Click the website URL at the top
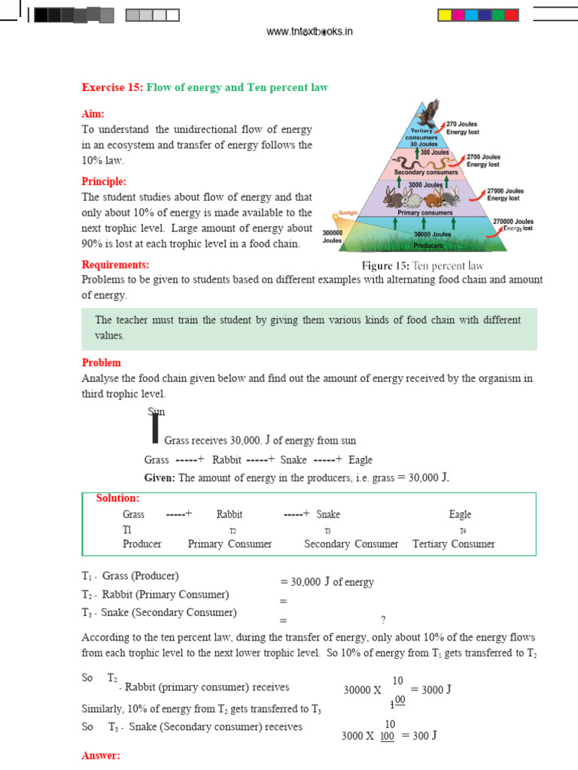(x=310, y=31)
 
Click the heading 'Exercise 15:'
(x=112, y=88)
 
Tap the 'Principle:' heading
(x=104, y=181)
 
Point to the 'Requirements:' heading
(x=115, y=265)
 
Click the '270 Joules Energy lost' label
(x=461, y=127)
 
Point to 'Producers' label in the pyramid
(x=427, y=245)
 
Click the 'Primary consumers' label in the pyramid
(x=425, y=213)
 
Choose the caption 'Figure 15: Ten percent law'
(x=422, y=265)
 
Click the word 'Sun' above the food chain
(x=156, y=411)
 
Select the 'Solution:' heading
(x=117, y=499)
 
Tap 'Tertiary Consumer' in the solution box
(x=454, y=544)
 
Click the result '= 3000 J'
(x=430, y=689)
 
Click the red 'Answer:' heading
(x=101, y=756)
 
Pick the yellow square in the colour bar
(x=444, y=15)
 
